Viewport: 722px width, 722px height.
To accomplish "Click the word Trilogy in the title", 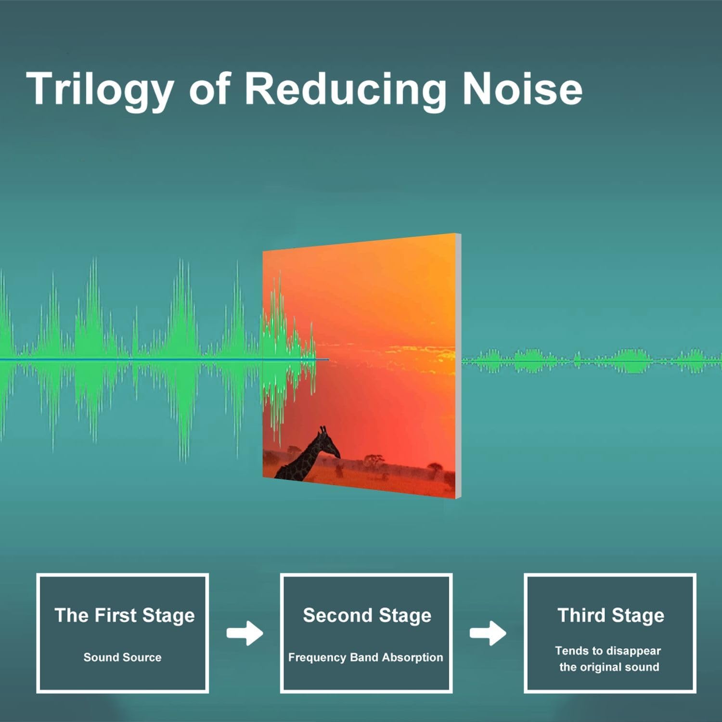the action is (100, 90).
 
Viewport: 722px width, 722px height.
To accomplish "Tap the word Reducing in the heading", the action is (346, 90).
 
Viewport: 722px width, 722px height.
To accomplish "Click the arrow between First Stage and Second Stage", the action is (245, 633).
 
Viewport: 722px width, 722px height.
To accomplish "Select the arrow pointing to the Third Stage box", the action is (488, 633).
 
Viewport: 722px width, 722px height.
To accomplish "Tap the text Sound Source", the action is (122, 657).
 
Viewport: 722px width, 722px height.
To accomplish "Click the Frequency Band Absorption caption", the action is (366, 658).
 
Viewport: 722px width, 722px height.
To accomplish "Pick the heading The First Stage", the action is (125, 616).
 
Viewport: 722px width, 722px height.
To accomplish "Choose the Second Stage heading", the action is (367, 616).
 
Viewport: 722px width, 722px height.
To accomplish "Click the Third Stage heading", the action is (611, 616).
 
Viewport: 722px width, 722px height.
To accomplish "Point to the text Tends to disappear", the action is (608, 651).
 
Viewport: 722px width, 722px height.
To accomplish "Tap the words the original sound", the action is (609, 667).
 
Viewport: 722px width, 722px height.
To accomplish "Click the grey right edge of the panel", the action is (458, 366).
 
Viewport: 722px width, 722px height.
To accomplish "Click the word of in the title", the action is (209, 90).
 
